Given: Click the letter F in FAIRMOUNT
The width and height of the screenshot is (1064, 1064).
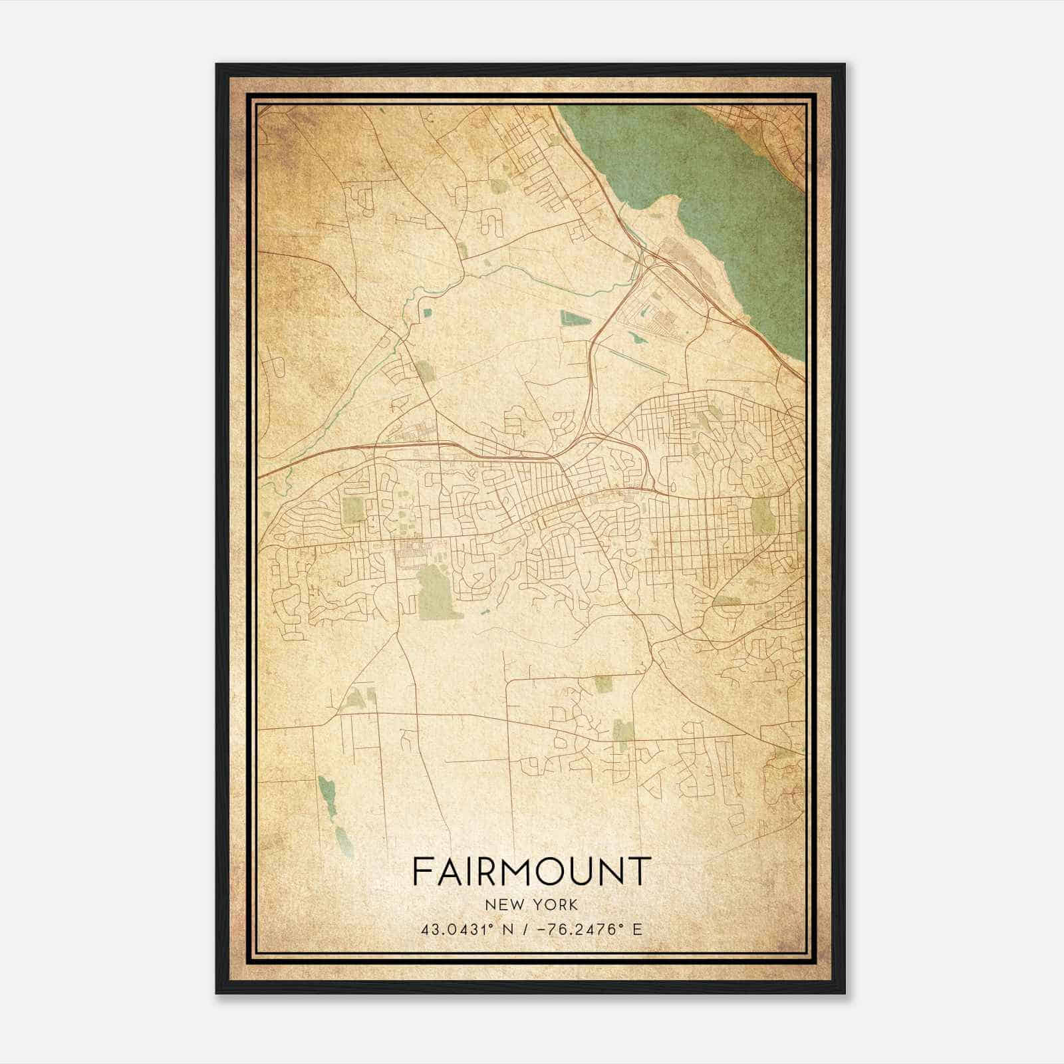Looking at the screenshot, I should pos(421,871).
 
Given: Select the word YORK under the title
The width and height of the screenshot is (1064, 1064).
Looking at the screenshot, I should pos(556,905).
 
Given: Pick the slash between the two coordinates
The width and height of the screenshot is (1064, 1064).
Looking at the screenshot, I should pos(527,929).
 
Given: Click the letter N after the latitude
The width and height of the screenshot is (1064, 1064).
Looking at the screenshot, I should pos(509,929).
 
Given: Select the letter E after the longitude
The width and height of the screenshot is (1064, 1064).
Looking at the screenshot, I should pos(638,929).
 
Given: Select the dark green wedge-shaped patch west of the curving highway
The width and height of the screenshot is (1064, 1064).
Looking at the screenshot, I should pos(575,319).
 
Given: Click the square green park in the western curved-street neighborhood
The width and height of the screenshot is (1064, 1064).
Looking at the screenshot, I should pos(354,510).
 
